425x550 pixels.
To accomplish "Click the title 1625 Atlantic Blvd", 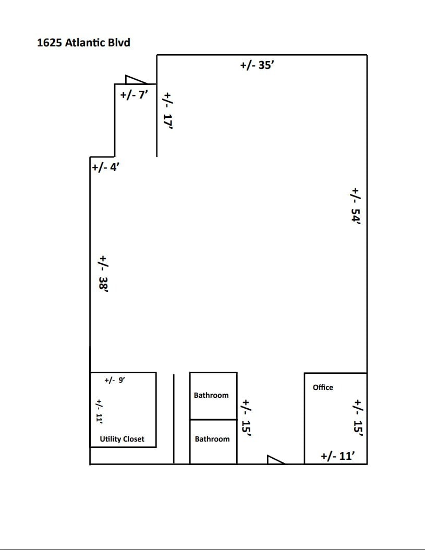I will pos(83,42).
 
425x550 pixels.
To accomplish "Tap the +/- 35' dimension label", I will pos(257,65).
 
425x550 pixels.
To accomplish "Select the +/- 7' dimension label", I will pos(135,95).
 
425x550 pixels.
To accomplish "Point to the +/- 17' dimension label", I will pos(167,110).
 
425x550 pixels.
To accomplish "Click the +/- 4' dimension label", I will pos(106,167).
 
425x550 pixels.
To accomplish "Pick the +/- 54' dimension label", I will pos(356,205).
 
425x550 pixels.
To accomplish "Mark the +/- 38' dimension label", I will pos(103,272).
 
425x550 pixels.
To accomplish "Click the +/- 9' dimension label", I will pos(115,381).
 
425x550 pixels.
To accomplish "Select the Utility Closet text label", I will pos(122,439).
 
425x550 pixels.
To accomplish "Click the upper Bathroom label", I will pos(211,395).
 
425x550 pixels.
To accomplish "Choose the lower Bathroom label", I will pos(212,439).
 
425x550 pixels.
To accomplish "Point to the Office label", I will pos(323,387).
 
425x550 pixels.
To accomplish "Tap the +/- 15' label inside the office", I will pos(358,417).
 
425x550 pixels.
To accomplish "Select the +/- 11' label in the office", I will pos(337,456).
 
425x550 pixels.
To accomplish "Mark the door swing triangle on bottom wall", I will pos(274,459).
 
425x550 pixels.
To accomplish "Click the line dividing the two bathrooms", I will pos(213,419).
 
